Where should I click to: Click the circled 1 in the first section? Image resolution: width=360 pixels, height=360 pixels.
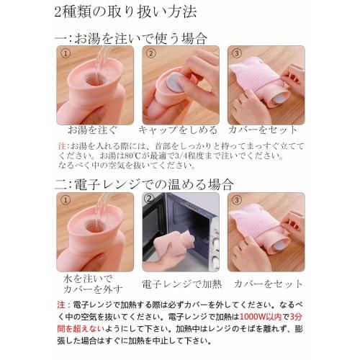point(66,54)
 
